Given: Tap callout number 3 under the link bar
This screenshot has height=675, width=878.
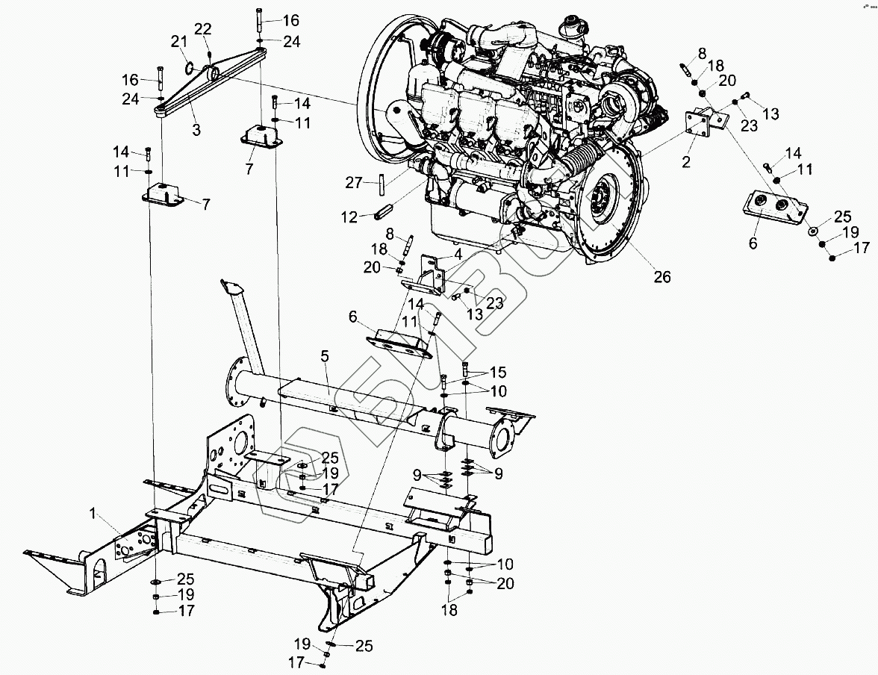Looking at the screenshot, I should coord(196,130).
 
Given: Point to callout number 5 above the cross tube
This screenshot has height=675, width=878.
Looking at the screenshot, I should coord(325,357).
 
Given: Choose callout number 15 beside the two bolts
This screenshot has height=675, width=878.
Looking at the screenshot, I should coord(498,371).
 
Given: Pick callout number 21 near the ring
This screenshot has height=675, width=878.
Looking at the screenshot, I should coord(177,40).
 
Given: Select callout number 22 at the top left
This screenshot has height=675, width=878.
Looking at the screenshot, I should coord(202,29).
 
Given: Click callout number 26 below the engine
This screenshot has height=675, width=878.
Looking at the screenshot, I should coord(661,277).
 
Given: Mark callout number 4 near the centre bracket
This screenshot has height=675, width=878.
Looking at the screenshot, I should coord(456,253).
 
